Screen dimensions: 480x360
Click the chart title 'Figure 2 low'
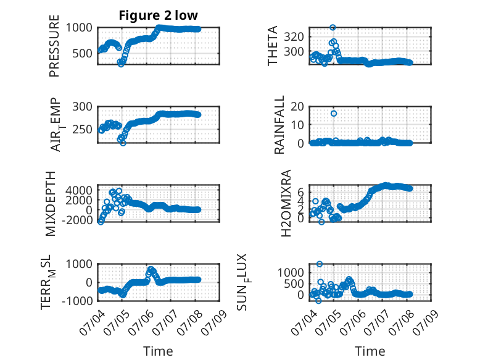click(x=159, y=15)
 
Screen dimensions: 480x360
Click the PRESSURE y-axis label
click(x=54, y=46)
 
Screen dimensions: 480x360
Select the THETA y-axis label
click(x=272, y=46)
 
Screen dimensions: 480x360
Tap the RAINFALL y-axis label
click(x=279, y=125)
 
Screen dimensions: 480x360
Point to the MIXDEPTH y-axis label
click(x=51, y=204)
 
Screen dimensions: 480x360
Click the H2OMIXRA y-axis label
click(x=286, y=203)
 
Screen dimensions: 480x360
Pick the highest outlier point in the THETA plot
click(x=333, y=28)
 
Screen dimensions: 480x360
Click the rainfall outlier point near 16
click(x=334, y=114)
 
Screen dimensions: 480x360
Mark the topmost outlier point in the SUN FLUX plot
click(x=320, y=264)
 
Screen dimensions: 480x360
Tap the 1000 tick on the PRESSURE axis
click(x=79, y=28)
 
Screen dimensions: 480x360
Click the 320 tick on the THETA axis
click(x=294, y=37)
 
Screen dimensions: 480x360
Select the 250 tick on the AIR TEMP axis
click(x=82, y=130)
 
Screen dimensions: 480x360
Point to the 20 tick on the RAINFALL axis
click(x=297, y=107)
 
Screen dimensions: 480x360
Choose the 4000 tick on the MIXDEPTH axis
click(x=79, y=190)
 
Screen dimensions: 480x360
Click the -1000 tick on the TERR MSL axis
click(x=77, y=301)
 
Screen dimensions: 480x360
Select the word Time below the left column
click(x=159, y=351)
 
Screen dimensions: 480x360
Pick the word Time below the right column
click(x=370, y=351)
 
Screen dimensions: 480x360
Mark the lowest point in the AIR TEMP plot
click(x=123, y=143)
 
